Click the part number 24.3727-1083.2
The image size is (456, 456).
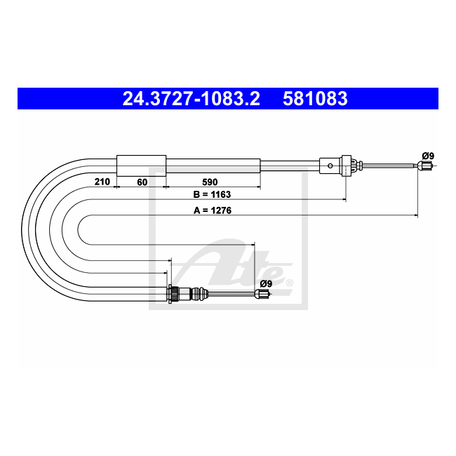click(x=192, y=98)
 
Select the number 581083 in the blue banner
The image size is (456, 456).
click(x=315, y=98)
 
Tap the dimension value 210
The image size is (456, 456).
click(x=102, y=182)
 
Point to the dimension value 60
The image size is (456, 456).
click(x=142, y=182)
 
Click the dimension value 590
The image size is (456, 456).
click(x=210, y=182)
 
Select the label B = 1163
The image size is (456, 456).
click(x=212, y=194)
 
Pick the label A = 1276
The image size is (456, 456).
click(x=213, y=210)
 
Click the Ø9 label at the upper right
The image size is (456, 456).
click(x=428, y=156)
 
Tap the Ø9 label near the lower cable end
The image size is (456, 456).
click(x=266, y=283)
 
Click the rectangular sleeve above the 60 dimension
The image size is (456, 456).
click(x=141, y=166)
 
